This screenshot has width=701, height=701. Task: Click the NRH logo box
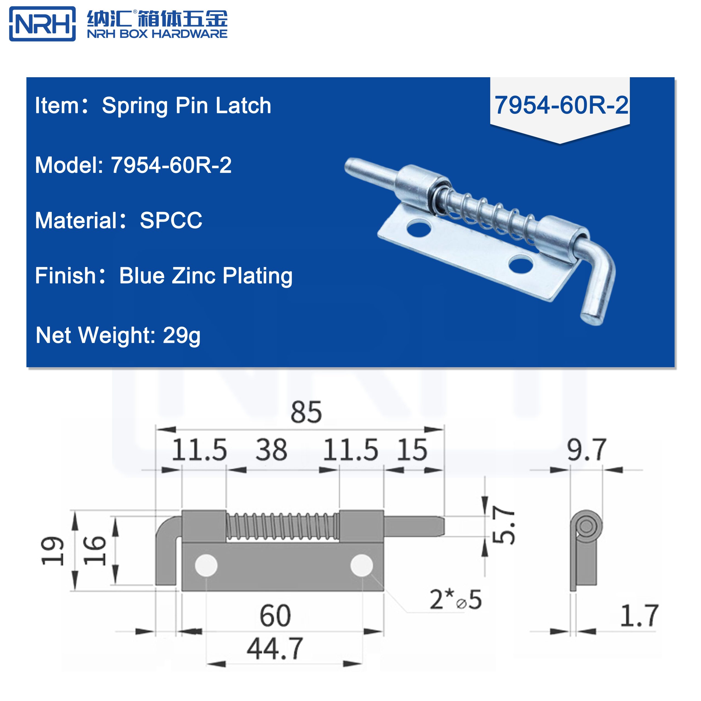pyautogui.click(x=42, y=24)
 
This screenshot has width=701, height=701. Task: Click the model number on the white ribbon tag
pyautogui.click(x=561, y=105)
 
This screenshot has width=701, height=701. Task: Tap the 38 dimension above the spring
pyautogui.click(x=271, y=450)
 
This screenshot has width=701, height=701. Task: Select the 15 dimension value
pyautogui.click(x=412, y=450)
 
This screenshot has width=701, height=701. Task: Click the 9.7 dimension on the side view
pyautogui.click(x=586, y=450)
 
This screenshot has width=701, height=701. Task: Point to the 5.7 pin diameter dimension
pyautogui.click(x=504, y=525)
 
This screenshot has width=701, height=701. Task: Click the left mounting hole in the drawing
pyautogui.click(x=206, y=565)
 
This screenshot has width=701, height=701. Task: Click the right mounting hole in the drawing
pyautogui.click(x=361, y=565)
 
